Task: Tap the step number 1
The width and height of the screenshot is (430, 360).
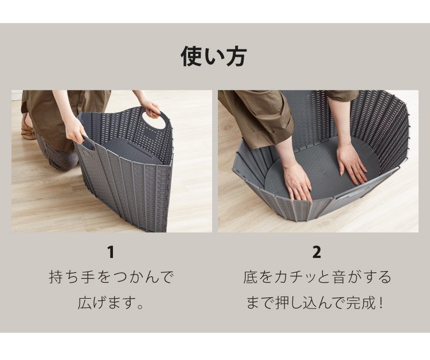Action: (x=111, y=252)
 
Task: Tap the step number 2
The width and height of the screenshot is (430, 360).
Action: (x=316, y=252)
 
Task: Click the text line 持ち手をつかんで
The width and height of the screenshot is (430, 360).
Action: (x=111, y=277)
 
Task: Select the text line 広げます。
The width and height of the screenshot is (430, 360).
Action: (x=111, y=303)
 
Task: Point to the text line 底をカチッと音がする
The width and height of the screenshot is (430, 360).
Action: (x=317, y=277)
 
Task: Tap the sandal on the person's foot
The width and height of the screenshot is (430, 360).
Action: (x=28, y=129)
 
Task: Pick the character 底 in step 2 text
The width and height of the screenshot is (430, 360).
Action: (x=250, y=277)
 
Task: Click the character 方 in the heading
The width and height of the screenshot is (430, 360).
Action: (x=236, y=56)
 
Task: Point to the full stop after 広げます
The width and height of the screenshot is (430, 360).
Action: (x=140, y=306)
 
